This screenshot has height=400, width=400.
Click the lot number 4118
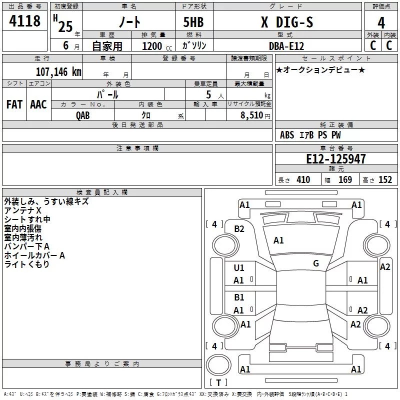[24, 21]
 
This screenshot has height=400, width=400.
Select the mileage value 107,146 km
[58, 72]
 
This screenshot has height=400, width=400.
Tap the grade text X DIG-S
[287, 22]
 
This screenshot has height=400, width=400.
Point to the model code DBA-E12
[286, 46]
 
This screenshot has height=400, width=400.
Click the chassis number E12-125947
[335, 159]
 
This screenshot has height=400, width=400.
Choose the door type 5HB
[193, 22]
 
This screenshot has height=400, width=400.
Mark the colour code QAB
[83, 115]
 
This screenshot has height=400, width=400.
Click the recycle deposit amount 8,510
[251, 115]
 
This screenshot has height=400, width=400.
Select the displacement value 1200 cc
[157, 46]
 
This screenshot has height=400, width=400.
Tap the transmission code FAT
[14, 104]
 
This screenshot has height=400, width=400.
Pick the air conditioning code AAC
[38, 104]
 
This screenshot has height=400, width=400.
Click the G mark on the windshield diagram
[316, 263]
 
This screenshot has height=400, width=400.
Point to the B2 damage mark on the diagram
[239, 229]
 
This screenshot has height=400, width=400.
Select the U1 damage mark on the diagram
[239, 268]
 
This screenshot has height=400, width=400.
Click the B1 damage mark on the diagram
[239, 297]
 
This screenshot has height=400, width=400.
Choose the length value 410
[303, 180]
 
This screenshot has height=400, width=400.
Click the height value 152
[385, 180]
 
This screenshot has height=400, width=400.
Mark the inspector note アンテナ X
[22, 210]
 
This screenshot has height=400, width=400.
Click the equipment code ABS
[287, 135]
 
